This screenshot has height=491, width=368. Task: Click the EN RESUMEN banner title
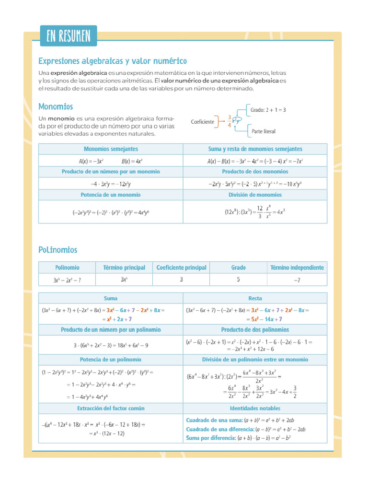(x=69, y=36)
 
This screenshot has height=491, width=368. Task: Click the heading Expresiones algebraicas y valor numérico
(x=112, y=61)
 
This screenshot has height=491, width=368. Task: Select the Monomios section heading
(x=56, y=106)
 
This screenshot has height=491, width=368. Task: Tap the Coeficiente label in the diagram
(x=202, y=122)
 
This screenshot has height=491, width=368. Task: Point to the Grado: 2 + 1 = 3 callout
(x=268, y=110)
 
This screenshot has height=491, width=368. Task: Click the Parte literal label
(x=264, y=131)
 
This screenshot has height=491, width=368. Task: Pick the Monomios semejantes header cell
(x=111, y=149)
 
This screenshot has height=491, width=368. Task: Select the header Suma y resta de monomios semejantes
(x=255, y=149)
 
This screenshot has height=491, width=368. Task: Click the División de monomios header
(x=255, y=195)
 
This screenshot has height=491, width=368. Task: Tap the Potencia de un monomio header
(x=111, y=195)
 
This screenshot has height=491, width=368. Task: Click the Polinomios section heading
(x=57, y=250)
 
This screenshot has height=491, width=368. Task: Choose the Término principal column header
(x=124, y=268)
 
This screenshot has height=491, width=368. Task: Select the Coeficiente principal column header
(x=181, y=268)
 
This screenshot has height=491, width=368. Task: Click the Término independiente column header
(x=297, y=268)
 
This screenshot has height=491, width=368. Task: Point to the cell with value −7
(x=297, y=280)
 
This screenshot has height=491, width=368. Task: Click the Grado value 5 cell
(x=238, y=280)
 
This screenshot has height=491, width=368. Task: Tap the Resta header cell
(x=255, y=298)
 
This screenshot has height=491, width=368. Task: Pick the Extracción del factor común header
(x=111, y=409)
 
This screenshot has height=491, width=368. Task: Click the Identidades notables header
(x=255, y=409)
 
